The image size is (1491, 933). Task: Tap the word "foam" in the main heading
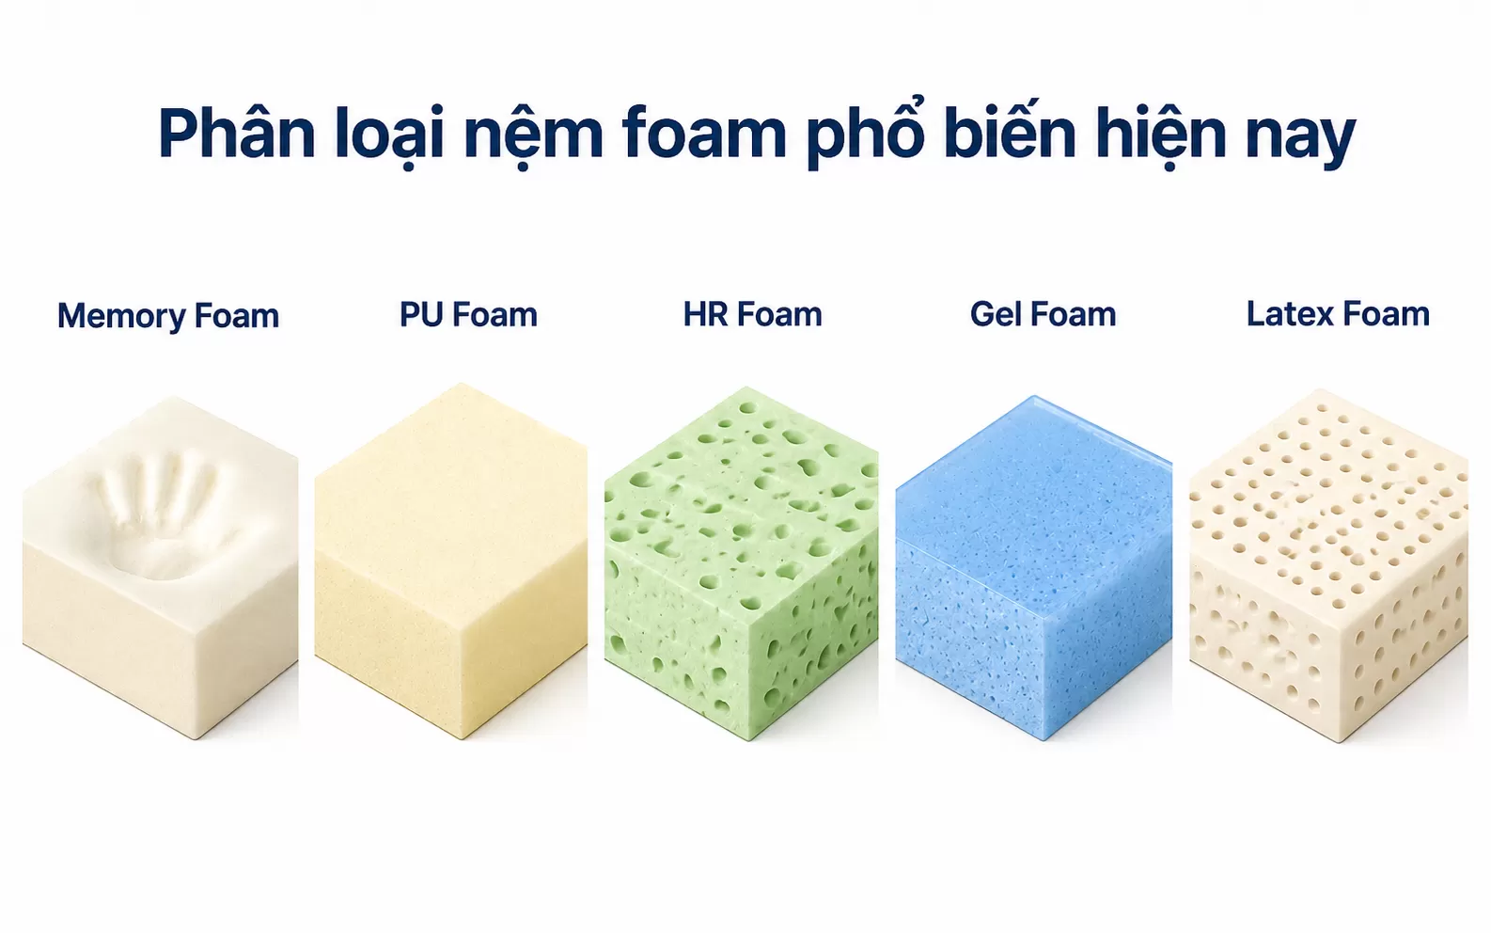[x=705, y=134]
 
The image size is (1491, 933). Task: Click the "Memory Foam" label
[x=167, y=316]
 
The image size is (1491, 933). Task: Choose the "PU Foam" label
[x=468, y=314]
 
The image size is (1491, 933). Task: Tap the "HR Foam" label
[x=752, y=314]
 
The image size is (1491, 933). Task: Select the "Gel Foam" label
[x=1043, y=314]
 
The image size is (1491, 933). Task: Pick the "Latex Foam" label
[x=1338, y=314]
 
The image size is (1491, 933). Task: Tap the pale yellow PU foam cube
[x=450, y=561]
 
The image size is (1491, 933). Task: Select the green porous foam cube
[x=741, y=563]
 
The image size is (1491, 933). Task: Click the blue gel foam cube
[x=1034, y=567]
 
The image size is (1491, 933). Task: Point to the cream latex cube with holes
[x=1328, y=566]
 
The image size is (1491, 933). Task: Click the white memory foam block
[x=161, y=567]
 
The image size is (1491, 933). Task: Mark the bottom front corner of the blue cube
[x=1043, y=739]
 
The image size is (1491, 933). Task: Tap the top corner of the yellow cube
[x=462, y=384]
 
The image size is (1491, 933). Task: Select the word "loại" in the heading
[x=389, y=136]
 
